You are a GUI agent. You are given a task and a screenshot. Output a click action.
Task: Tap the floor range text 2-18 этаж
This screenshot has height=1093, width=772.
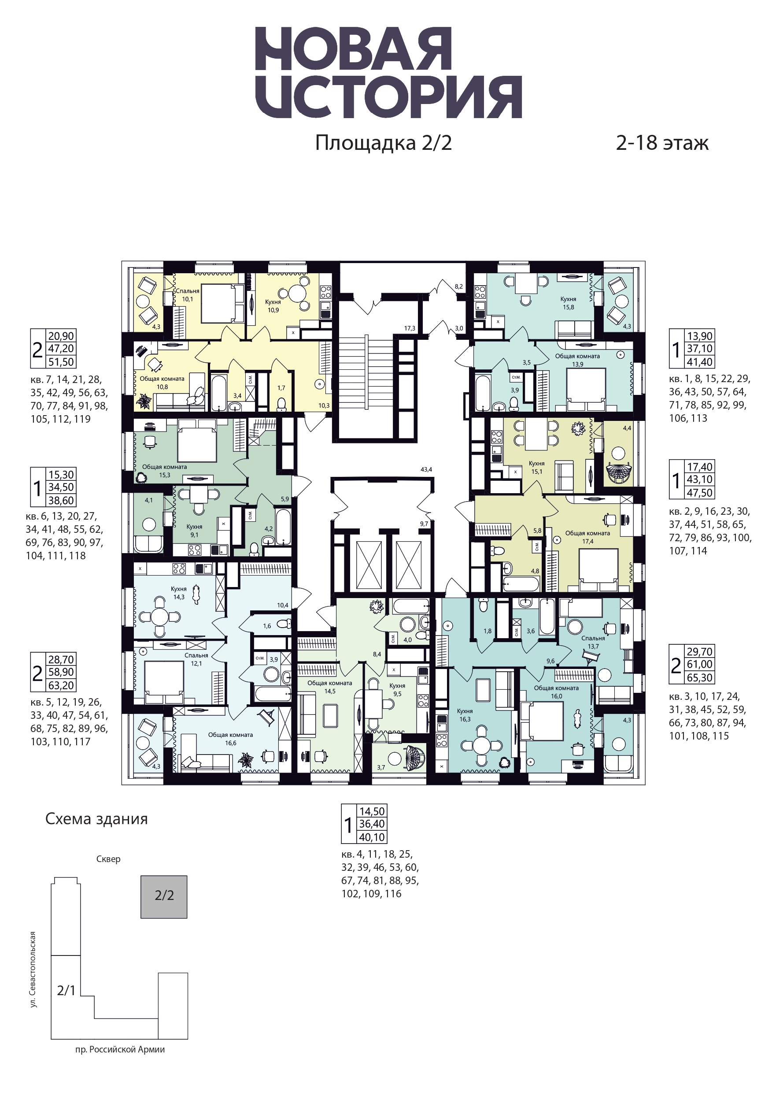662,143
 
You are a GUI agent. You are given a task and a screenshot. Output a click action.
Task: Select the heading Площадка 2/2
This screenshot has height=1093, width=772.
384,143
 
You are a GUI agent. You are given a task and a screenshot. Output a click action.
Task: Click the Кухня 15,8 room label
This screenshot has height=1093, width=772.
569,303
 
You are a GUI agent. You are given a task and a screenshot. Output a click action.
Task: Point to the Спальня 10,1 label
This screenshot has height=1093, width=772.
188,295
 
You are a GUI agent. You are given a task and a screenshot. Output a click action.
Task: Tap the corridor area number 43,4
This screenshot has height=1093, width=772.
426,469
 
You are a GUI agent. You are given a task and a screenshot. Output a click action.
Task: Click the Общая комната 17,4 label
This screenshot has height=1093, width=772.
587,537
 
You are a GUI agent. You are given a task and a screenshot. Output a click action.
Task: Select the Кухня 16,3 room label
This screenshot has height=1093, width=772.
465,715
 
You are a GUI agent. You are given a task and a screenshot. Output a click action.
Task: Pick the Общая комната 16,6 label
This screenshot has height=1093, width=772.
231,739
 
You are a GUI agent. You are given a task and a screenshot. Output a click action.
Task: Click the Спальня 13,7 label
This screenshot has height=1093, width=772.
593,642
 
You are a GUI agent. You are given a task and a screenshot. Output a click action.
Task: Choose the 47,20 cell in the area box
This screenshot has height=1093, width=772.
61,349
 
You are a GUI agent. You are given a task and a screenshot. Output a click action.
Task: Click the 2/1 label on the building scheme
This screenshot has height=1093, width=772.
66,991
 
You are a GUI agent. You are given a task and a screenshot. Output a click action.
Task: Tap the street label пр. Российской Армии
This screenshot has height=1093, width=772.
120,1063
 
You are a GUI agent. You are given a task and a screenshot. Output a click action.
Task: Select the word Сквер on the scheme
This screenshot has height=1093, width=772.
108,859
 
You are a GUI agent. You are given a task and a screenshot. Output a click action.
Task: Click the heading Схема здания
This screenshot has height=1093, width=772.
96,819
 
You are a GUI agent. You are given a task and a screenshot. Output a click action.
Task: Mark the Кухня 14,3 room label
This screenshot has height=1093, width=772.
179,593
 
